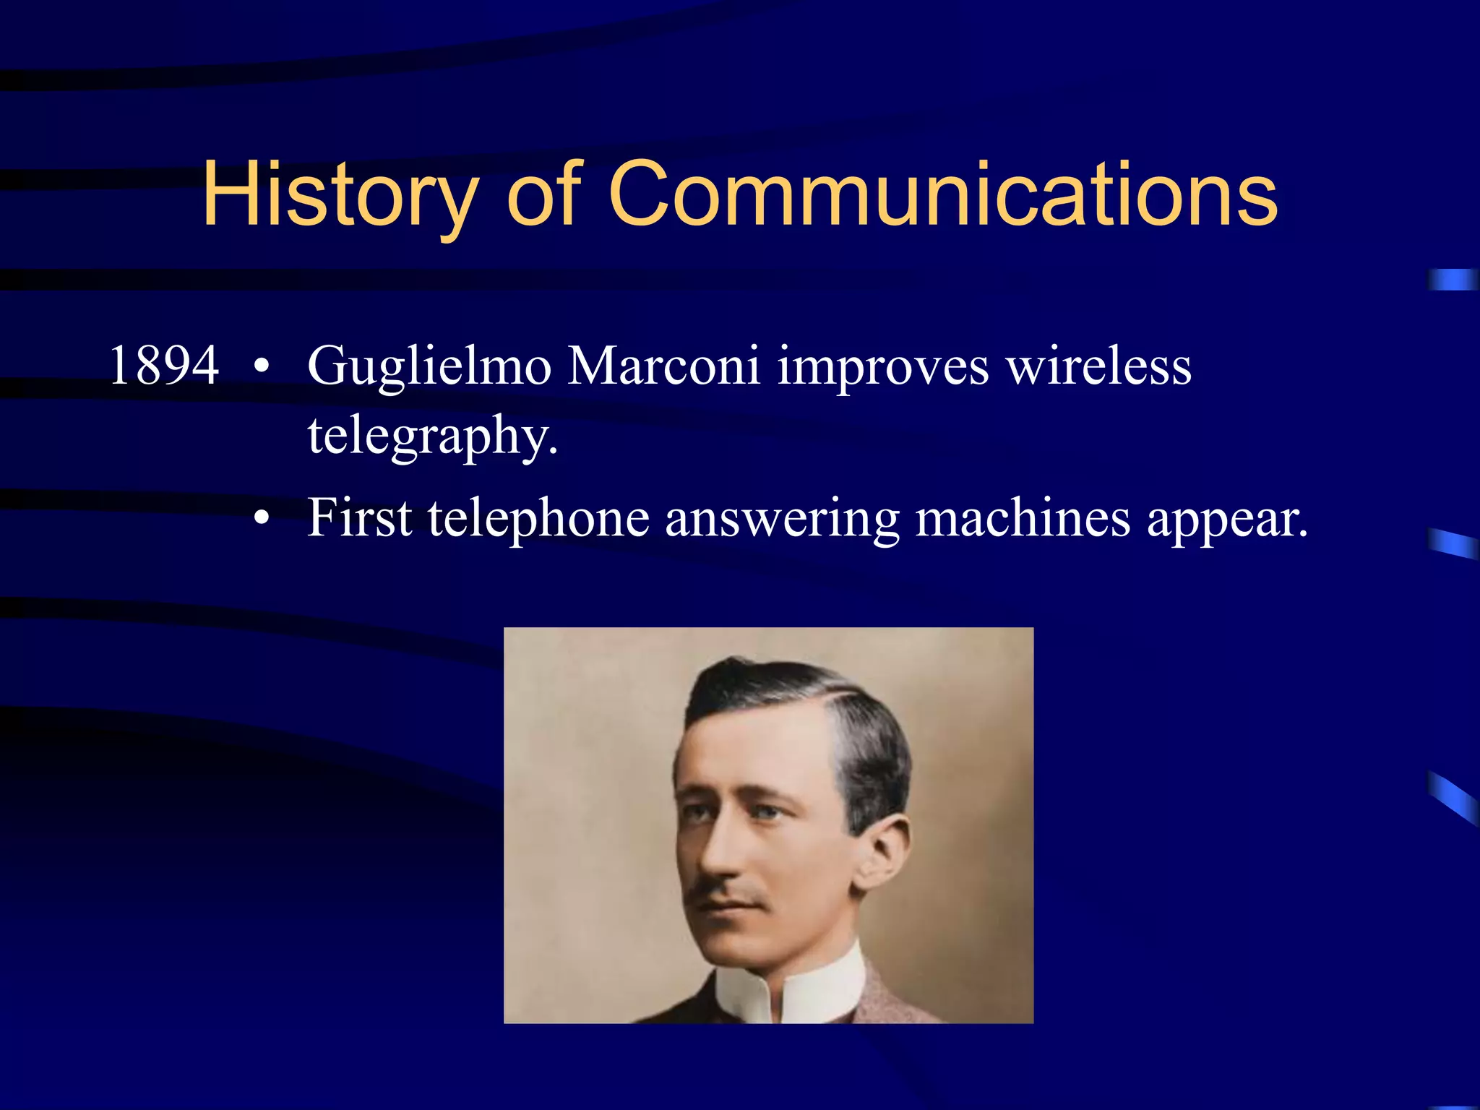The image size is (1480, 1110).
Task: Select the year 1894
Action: click(164, 366)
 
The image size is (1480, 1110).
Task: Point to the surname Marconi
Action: click(663, 366)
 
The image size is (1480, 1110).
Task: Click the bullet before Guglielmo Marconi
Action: click(262, 367)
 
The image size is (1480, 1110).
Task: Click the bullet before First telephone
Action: click(262, 518)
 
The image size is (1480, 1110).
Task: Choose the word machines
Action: click(1023, 518)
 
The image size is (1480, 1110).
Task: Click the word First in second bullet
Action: click(359, 518)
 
